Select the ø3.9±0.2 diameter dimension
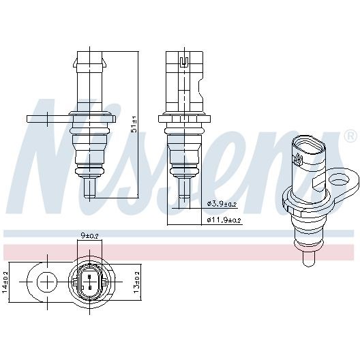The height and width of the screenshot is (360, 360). coord(222,204)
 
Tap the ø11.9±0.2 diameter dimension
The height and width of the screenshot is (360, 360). coord(224,220)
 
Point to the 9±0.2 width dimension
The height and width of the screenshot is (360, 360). coord(89,235)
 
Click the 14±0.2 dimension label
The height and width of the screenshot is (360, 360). coord(5,282)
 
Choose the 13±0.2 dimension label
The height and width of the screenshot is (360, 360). coord(136,282)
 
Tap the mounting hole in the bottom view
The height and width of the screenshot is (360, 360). coord(47,282)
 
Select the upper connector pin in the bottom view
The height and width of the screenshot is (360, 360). coord(89,277)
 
